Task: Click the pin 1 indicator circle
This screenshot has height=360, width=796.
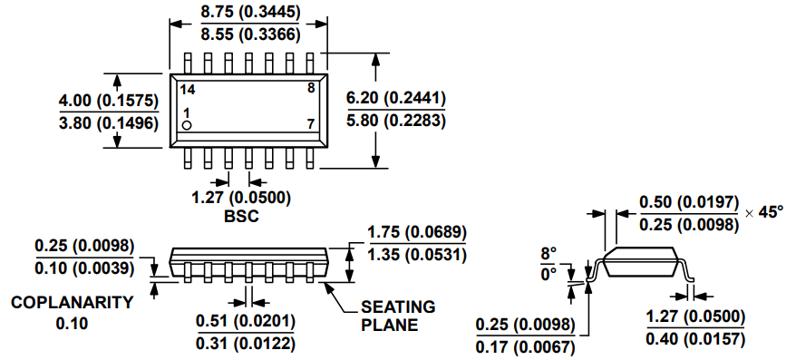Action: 187,124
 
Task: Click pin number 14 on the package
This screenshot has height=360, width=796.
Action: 188,89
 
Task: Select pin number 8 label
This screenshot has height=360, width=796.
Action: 310,88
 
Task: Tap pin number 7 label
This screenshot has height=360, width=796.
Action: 310,123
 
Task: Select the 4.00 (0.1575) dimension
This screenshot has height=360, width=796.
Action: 108,100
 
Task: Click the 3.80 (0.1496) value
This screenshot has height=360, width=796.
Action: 108,122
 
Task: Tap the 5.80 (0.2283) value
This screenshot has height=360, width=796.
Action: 396,120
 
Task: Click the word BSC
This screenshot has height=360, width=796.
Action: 240,217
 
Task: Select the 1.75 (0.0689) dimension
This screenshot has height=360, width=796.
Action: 416,232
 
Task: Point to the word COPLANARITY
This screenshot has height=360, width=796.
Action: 73,303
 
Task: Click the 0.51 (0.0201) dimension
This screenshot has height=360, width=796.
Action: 246,320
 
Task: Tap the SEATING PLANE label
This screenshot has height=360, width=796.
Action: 397,316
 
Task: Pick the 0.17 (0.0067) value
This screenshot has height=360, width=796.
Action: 525,345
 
